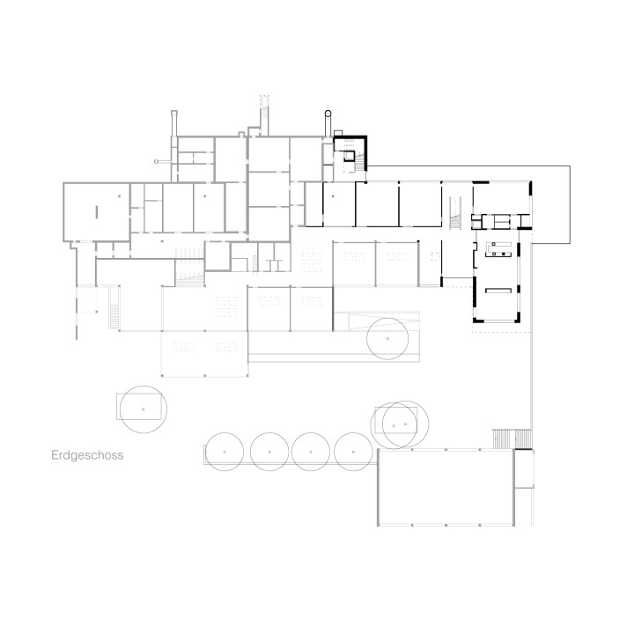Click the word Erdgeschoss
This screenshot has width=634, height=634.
[x=87, y=455]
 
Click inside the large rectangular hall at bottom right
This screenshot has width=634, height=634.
[x=446, y=487]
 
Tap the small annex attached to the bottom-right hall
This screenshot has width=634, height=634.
[x=524, y=468]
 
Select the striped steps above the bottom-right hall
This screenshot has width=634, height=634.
[x=512, y=439]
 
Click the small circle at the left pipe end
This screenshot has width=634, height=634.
[x=156, y=161]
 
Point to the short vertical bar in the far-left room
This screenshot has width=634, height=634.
[x=96, y=212]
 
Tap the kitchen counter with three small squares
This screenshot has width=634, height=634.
[x=498, y=249]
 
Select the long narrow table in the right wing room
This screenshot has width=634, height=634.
[x=498, y=291]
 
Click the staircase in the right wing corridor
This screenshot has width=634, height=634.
[x=456, y=213]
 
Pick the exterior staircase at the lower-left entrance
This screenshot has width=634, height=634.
[x=114, y=307]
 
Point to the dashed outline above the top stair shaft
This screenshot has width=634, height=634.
[x=264, y=101]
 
